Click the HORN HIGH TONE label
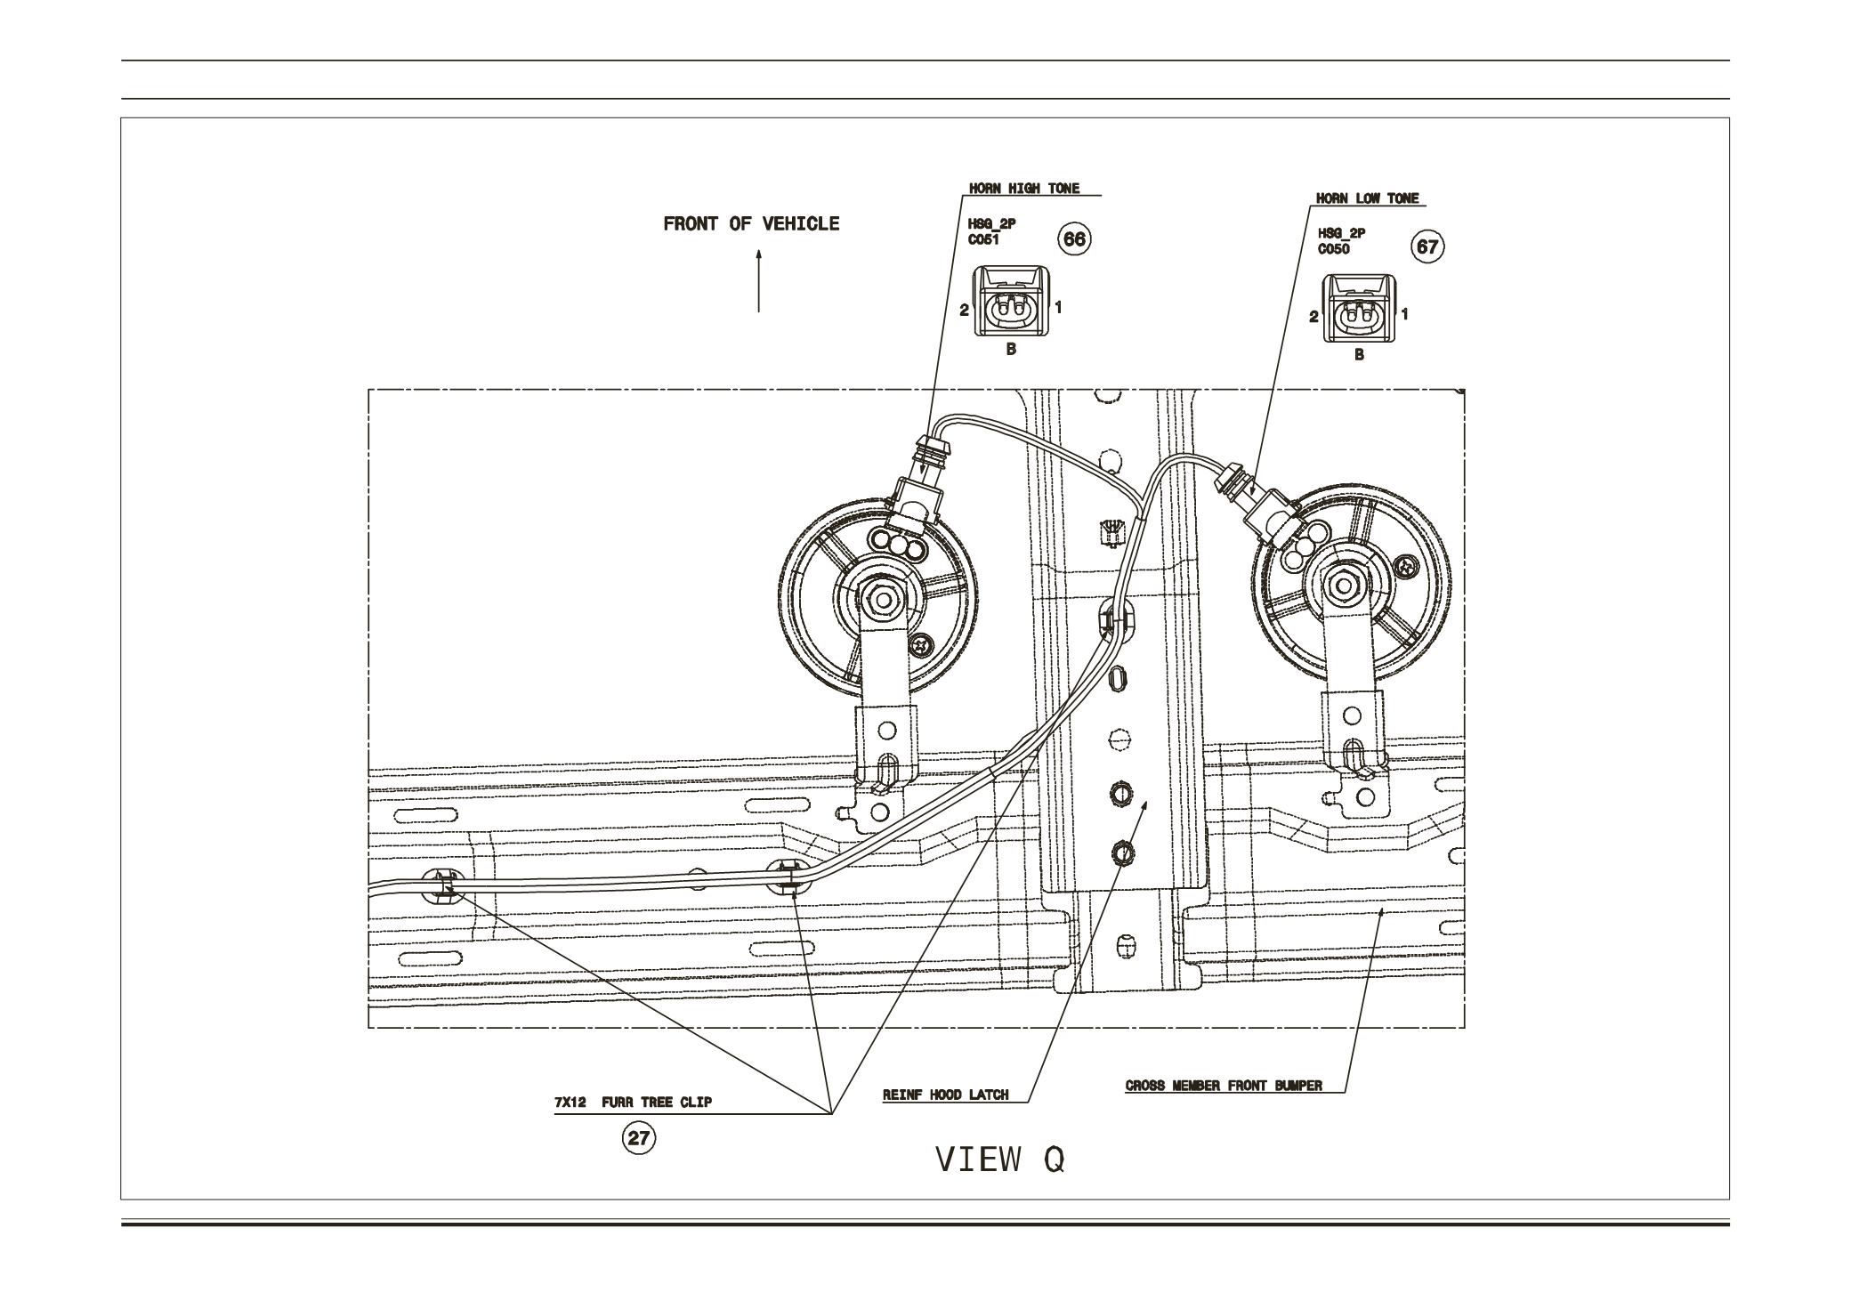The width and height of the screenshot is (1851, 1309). pyautogui.click(x=1023, y=189)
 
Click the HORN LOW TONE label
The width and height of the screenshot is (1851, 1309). pyautogui.click(x=1367, y=198)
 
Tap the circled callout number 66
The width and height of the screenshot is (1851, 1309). pyautogui.click(x=1074, y=238)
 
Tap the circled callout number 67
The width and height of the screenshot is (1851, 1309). pyautogui.click(x=1427, y=246)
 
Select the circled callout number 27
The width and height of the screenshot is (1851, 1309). pyautogui.click(x=639, y=1137)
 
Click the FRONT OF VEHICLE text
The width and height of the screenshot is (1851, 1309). pyautogui.click(x=751, y=224)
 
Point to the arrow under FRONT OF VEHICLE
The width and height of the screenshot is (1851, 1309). pyautogui.click(x=759, y=281)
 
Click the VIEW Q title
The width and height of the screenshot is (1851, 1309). pyautogui.click(x=1000, y=1160)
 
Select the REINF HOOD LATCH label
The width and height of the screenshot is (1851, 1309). pyautogui.click(x=945, y=1095)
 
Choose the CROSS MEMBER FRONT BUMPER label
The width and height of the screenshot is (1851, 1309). pyautogui.click(x=1224, y=1086)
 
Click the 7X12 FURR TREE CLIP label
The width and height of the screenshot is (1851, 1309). pyautogui.click(x=633, y=1103)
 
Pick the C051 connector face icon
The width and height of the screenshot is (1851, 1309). pyautogui.click(x=1010, y=307)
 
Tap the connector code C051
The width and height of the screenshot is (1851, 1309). pyautogui.click(x=984, y=239)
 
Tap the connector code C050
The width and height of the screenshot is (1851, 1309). pyautogui.click(x=1334, y=249)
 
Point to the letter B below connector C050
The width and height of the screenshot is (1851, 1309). pyautogui.click(x=1359, y=355)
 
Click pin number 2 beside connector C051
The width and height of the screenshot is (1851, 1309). pyautogui.click(x=964, y=311)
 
